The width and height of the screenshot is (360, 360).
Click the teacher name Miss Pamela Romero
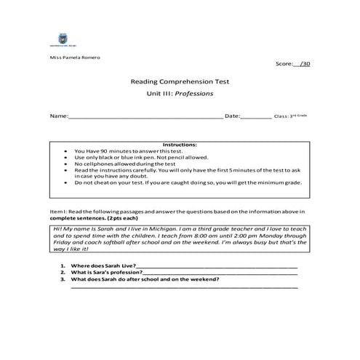tap(75, 57)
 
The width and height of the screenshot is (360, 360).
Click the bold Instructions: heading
tap(180, 145)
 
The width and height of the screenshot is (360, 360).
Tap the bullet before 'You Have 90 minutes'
tap(67, 151)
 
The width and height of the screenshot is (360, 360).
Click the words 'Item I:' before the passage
tap(58, 211)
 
